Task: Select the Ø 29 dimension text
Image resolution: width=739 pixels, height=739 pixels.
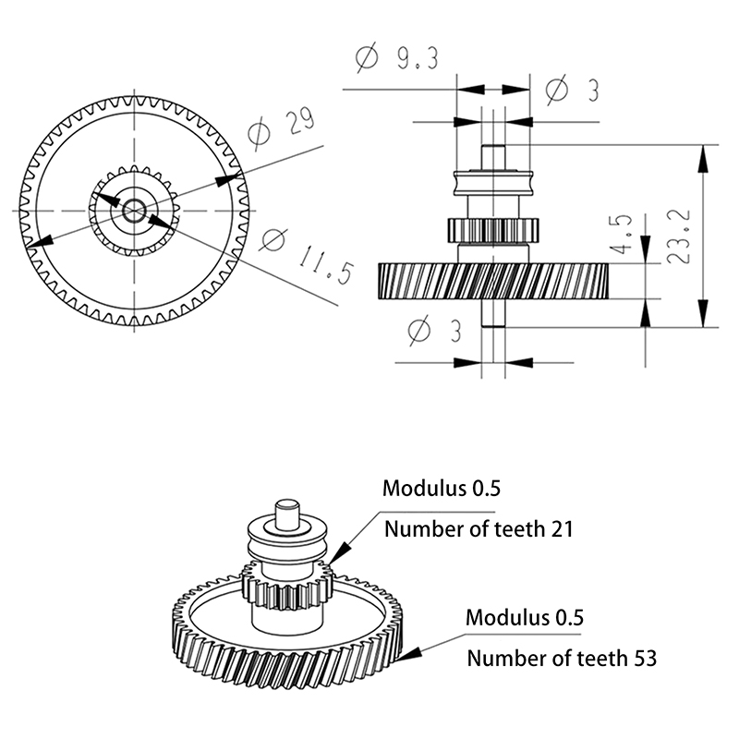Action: point(283,130)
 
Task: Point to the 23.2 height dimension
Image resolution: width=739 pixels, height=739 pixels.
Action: point(680,235)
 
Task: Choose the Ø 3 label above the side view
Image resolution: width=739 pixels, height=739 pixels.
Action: point(572,90)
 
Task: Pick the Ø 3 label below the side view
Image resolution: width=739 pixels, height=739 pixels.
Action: point(433,330)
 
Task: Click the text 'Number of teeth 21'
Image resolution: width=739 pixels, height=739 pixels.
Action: point(479,529)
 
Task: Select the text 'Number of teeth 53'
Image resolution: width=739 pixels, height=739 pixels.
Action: point(562,659)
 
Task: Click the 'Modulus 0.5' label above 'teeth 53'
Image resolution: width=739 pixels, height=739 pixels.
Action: point(525,617)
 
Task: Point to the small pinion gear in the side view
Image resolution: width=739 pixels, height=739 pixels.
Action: point(493,228)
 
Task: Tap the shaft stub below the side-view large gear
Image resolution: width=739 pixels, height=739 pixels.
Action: point(493,311)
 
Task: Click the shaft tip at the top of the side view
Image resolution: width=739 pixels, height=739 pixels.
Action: point(493,155)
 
